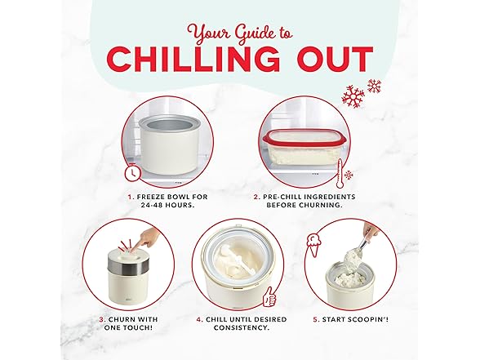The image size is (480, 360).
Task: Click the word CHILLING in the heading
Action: [x=193, y=60]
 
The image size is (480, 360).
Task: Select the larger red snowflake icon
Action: [x=353, y=96]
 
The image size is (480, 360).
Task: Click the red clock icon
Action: [x=132, y=172]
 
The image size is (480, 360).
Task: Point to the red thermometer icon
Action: [x=340, y=174]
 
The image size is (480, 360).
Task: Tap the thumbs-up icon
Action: [x=269, y=296]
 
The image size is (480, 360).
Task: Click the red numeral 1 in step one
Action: [x=131, y=197]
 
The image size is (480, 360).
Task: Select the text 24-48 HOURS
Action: [x=168, y=205]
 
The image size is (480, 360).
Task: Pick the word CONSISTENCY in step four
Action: [x=242, y=327]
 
